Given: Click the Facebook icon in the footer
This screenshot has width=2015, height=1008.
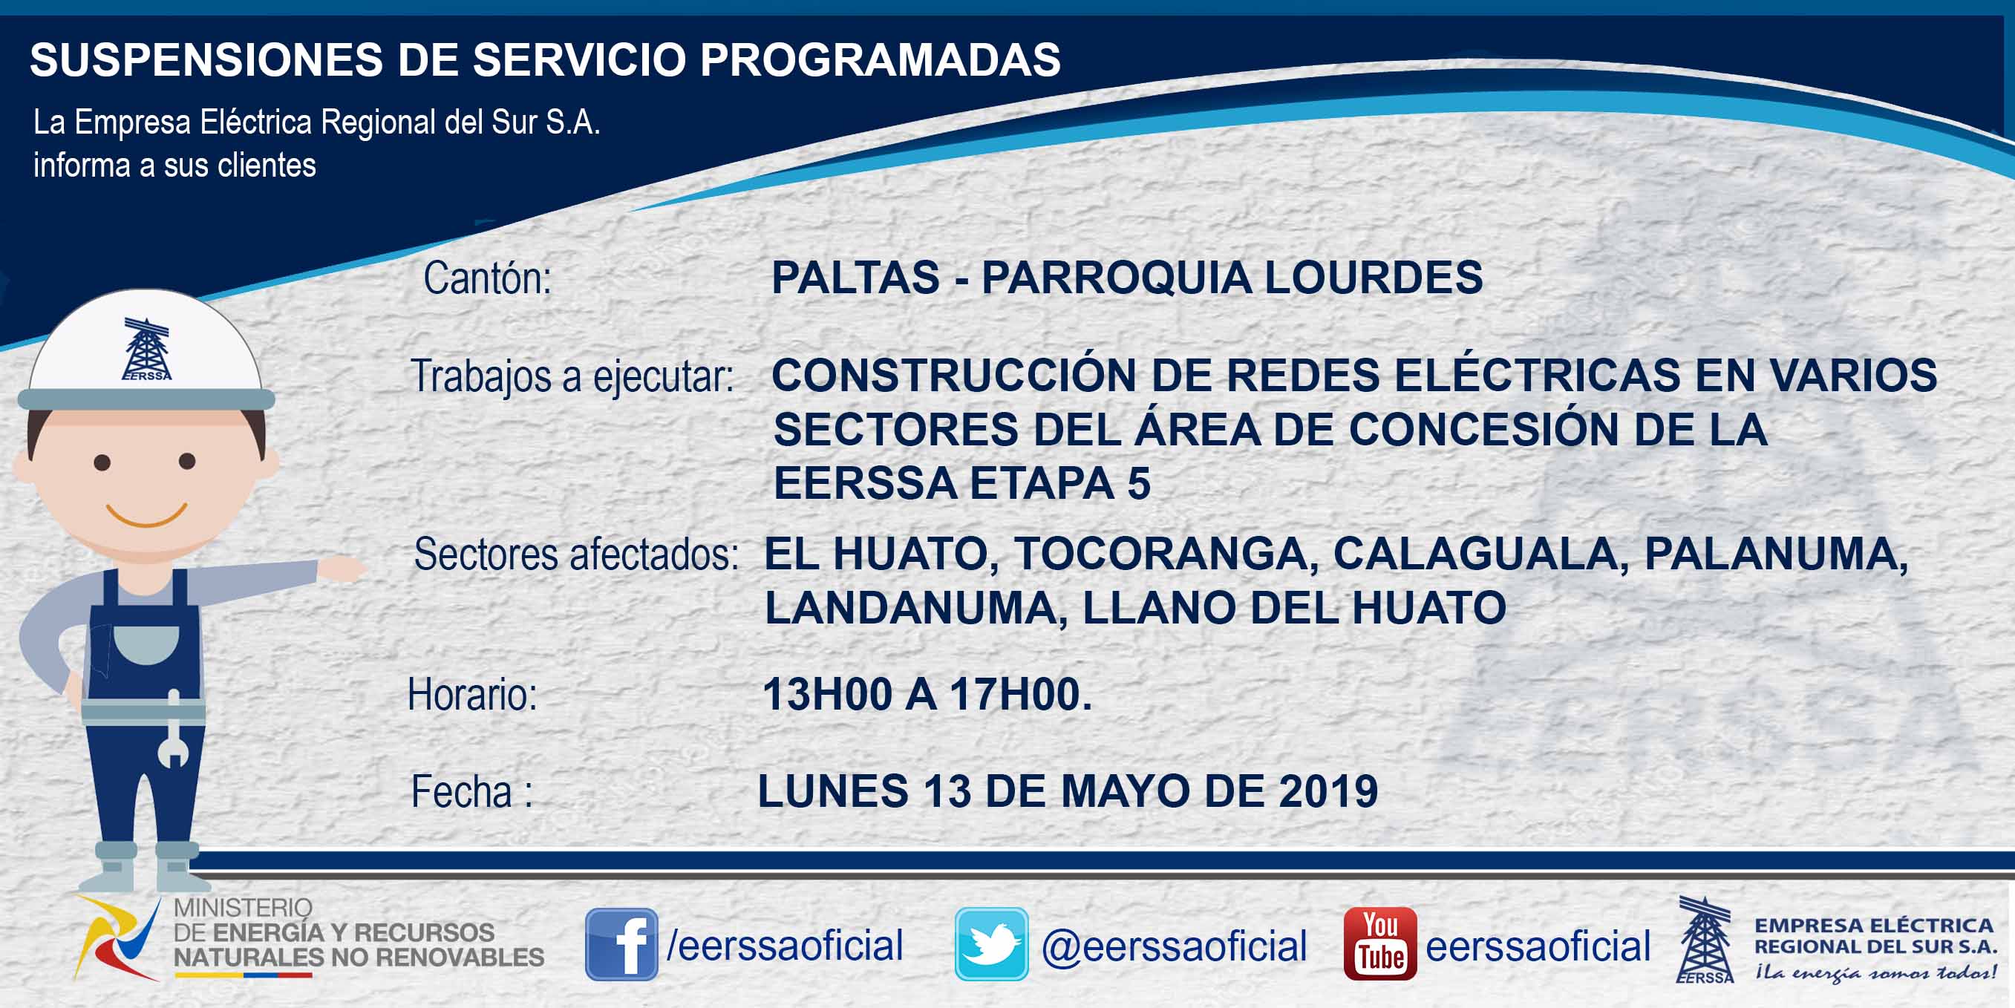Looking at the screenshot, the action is pos(621,944).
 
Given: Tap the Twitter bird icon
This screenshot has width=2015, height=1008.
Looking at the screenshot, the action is pos(991,944).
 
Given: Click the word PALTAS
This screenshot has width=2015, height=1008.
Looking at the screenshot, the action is pos(856,278).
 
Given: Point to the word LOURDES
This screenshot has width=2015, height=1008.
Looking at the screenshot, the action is pos(1374,278).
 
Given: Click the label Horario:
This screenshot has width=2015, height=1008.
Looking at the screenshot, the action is pos(472,695).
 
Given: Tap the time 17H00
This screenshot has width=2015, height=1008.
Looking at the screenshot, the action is pos(1021,695).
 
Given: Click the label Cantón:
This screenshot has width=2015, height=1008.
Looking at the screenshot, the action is pos(487,278).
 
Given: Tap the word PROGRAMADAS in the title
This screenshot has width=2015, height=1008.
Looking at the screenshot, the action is pos(881,59).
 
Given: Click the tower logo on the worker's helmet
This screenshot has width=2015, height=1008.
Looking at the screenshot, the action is pos(147,349).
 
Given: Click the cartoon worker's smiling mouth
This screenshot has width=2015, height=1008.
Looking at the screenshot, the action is pos(146,515).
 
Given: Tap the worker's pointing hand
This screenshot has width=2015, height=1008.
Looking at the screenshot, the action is pos(341,569).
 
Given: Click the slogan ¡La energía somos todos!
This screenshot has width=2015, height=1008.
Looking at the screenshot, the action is pos(1875,973).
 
